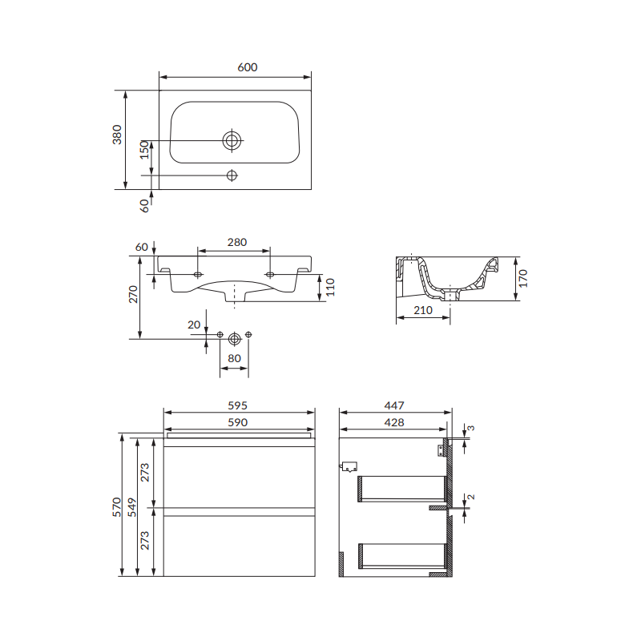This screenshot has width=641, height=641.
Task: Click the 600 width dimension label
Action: point(248,67)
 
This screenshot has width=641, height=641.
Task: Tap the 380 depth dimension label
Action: point(117,135)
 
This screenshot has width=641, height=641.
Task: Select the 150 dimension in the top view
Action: point(144,150)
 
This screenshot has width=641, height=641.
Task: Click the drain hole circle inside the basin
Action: point(232,141)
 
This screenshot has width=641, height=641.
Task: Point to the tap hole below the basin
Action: point(232,175)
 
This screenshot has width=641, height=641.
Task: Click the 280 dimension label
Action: point(237,243)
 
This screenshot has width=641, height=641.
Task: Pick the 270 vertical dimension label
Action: point(134,294)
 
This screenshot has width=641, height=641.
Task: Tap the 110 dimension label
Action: point(330,287)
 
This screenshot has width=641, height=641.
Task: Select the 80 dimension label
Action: point(234,358)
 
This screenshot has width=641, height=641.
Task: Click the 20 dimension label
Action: point(194,325)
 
